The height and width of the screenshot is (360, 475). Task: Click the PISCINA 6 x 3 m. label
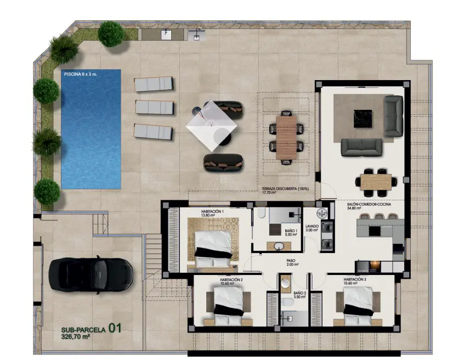pyautogui.click(x=81, y=74)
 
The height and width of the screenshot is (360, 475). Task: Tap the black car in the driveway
pyautogui.click(x=91, y=275)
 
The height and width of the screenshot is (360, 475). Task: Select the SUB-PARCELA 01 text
pyautogui.click(x=91, y=329)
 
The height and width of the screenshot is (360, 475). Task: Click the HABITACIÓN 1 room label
pyautogui.click(x=212, y=211)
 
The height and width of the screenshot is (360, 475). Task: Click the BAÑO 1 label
pyautogui.click(x=291, y=230)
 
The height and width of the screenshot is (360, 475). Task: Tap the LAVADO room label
pyautogui.click(x=312, y=226)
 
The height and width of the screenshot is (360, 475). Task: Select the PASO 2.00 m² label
pyautogui.click(x=292, y=262)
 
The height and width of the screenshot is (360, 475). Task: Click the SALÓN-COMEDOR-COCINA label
pyautogui.click(x=369, y=204)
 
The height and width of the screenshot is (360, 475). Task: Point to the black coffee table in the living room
pyautogui.click(x=363, y=119)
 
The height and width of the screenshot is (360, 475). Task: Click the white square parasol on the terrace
pyautogui.click(x=211, y=126)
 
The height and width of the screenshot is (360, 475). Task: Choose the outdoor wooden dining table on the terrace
pyautogui.click(x=286, y=138)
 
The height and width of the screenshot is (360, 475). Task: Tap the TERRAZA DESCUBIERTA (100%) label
pyautogui.click(x=285, y=188)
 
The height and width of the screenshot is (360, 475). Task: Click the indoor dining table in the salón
pyautogui.click(x=376, y=182)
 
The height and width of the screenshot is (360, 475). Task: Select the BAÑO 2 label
pyautogui.click(x=300, y=294)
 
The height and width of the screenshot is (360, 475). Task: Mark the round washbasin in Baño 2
pyautogui.click(x=285, y=284)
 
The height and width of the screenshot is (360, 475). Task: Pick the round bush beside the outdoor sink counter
pyautogui.click(x=111, y=34)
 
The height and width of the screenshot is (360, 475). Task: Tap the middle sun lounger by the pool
pyautogui.click(x=155, y=107)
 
